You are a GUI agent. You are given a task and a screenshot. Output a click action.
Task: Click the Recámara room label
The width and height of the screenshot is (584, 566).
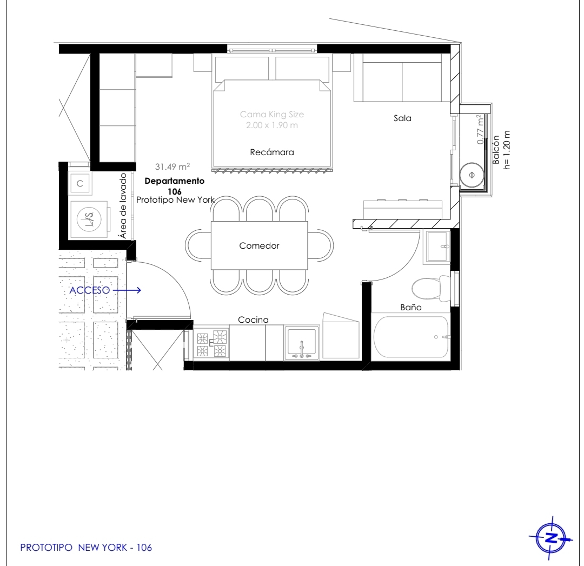tap(272, 152)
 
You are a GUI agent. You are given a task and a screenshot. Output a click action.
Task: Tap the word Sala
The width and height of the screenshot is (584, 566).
tap(403, 118)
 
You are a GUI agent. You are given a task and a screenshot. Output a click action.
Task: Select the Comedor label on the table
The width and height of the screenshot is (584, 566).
tap(259, 245)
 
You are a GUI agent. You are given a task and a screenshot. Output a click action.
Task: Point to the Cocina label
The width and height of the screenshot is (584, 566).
tap(253, 319)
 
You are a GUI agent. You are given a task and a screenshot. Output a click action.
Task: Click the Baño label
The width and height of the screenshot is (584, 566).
tap(411, 307)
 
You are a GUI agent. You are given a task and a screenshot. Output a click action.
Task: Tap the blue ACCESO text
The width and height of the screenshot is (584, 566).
tap(90, 290)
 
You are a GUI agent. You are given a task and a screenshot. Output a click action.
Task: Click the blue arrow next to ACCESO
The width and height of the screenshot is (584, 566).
tap(127, 290)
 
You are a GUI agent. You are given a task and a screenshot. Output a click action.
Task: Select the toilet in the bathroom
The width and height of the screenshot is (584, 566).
tap(431, 288)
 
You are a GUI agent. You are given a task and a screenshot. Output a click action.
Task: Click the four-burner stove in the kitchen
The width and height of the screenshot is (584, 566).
tap(211, 343)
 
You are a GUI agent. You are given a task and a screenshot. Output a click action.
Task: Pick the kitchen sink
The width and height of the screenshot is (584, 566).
tap(302, 343)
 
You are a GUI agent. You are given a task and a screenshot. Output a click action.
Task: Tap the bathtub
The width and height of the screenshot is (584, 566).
tap(411, 337)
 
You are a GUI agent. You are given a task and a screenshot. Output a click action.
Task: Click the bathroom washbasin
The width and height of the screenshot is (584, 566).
tap(437, 247)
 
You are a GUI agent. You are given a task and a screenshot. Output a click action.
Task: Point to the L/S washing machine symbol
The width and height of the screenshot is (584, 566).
tap(90, 219)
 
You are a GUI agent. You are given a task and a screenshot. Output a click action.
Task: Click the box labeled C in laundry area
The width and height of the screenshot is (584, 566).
tap(79, 184)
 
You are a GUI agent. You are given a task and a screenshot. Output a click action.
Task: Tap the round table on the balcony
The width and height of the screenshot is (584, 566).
tap(472, 175)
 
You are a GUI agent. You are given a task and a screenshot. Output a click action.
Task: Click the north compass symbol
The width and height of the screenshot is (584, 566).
tap(551, 538)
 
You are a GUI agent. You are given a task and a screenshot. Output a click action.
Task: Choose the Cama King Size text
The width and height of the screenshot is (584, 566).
tap(272, 114)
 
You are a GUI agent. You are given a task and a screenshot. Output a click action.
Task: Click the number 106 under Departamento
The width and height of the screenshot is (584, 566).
tap(175, 191)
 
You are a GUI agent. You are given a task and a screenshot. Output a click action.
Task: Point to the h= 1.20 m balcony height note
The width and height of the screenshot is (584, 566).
tap(507, 150)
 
